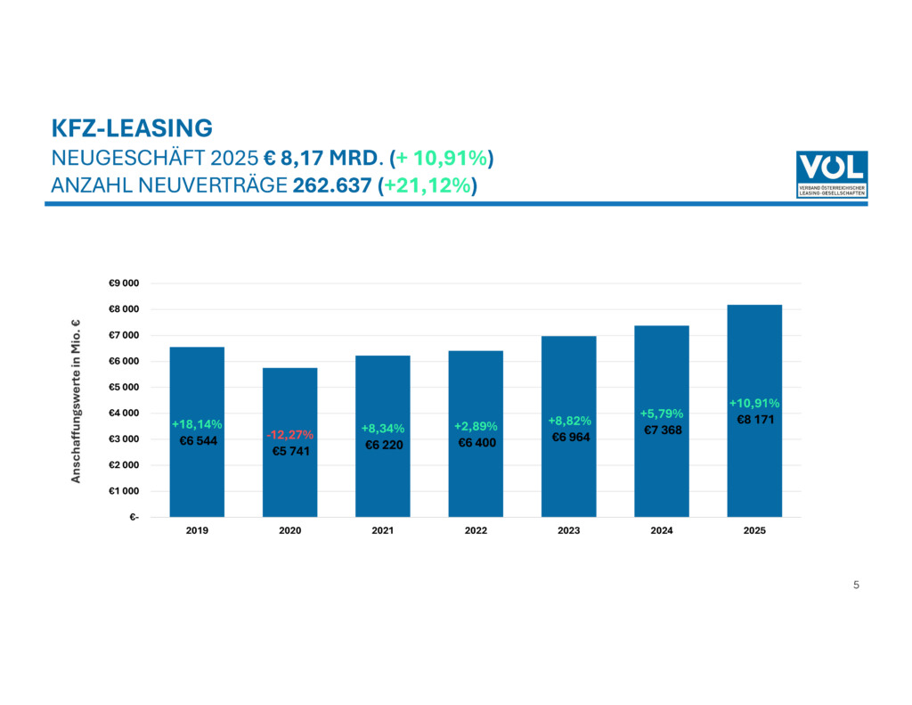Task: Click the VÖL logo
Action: pos(831,174)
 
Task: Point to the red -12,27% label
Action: pos(289,435)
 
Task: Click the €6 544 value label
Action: pos(197,440)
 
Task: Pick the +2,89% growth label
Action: pos(476,426)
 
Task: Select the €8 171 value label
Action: pos(754,419)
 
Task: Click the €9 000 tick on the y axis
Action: pos(124,283)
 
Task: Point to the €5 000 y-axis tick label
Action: pos(124,388)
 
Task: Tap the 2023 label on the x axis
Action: pos(568,530)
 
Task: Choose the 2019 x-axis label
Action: pos(197,530)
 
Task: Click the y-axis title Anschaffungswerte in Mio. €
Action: pos(77,400)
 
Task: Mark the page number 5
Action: pos(856,585)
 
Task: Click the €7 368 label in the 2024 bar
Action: pos(662,430)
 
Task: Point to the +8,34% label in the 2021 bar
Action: pos(382,429)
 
